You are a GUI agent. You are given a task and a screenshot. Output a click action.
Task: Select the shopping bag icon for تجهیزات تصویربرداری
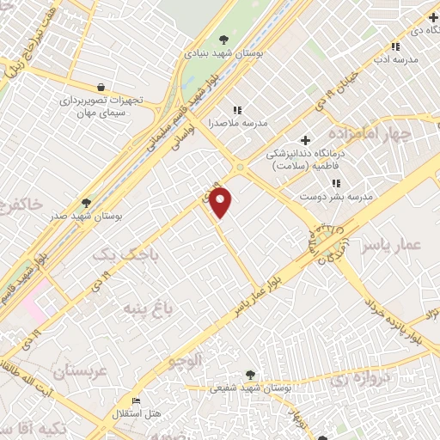pyautogui.click(x=101, y=87)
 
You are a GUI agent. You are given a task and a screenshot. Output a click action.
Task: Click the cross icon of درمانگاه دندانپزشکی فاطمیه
pyautogui.click(x=305, y=140)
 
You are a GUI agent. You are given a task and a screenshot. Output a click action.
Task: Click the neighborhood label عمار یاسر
pyautogui.click(x=392, y=247)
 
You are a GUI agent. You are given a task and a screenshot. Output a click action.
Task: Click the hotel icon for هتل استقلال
pyautogui.click(x=135, y=401)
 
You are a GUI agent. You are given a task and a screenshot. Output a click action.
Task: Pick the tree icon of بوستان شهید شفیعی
pyautogui.click(x=250, y=375)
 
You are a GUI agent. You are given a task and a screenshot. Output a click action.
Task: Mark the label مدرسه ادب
pyautogui.click(x=395, y=59)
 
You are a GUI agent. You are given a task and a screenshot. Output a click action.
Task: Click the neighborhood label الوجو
pyautogui.click(x=187, y=362)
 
